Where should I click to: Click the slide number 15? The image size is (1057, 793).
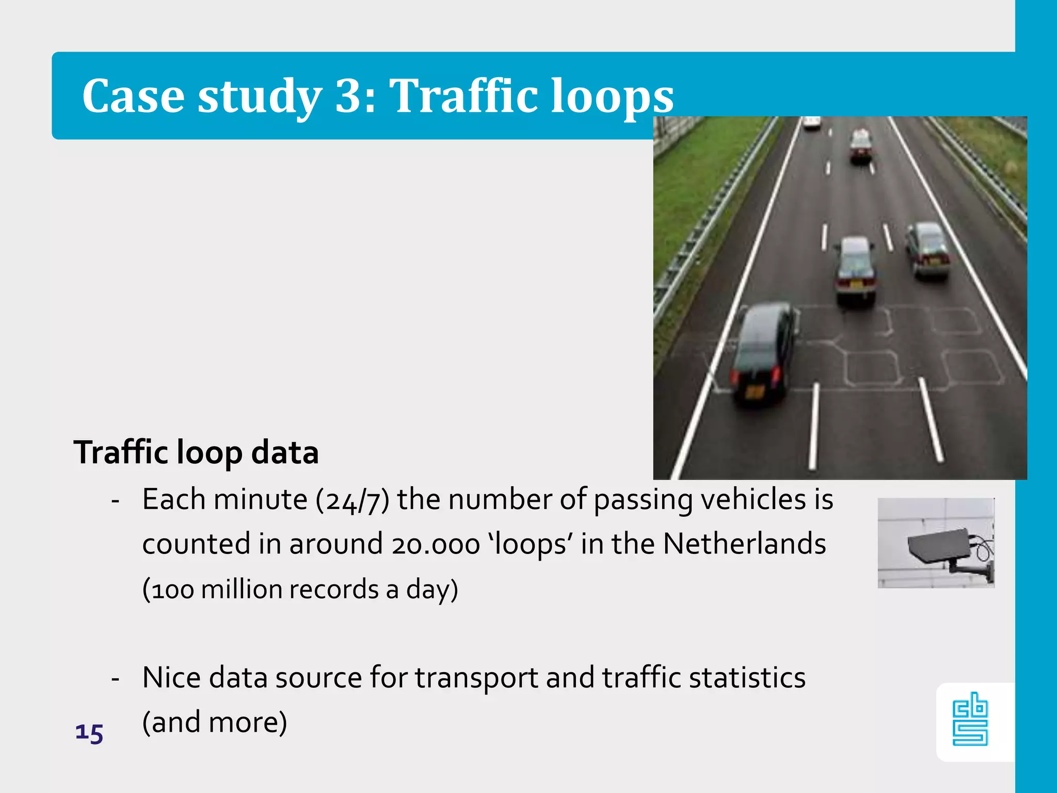[x=89, y=733]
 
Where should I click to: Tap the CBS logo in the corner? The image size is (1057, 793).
[x=970, y=721]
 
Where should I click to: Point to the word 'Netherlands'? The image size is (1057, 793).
[x=744, y=544]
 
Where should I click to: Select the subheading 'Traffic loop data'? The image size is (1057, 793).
[x=196, y=453]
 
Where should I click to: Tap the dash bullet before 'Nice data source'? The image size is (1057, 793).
[x=116, y=678]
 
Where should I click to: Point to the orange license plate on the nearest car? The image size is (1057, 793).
[x=754, y=392]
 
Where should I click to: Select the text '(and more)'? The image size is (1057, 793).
[x=214, y=722]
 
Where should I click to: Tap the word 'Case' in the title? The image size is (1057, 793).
[x=133, y=97]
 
